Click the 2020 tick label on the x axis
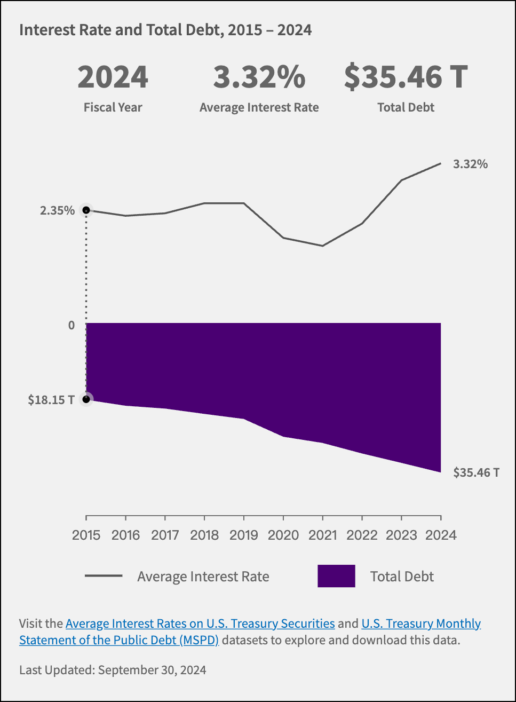pyautogui.click(x=283, y=535)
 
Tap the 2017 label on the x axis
pyautogui.click(x=165, y=535)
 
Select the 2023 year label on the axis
pyautogui.click(x=401, y=535)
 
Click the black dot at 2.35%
pyautogui.click(x=86, y=210)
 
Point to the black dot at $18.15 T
pyautogui.click(x=86, y=399)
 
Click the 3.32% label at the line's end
pyautogui.click(x=470, y=164)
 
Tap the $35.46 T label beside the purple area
pyautogui.click(x=476, y=472)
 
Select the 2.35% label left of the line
pyautogui.click(x=57, y=210)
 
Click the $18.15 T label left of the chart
pyautogui.click(x=51, y=399)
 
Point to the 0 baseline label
pyautogui.click(x=72, y=325)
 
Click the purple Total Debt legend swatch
pyautogui.click(x=336, y=576)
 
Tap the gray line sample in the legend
pyautogui.click(x=104, y=576)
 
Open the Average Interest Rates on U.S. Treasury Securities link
pyautogui.click(x=200, y=624)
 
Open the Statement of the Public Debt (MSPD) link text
pyautogui.click(x=119, y=640)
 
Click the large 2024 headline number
pyautogui.click(x=113, y=77)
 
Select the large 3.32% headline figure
pyautogui.click(x=259, y=77)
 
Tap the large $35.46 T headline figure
pyautogui.click(x=406, y=77)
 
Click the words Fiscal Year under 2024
pyautogui.click(x=113, y=107)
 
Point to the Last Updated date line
pyautogui.click(x=113, y=670)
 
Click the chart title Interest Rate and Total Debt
pyautogui.click(x=165, y=30)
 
